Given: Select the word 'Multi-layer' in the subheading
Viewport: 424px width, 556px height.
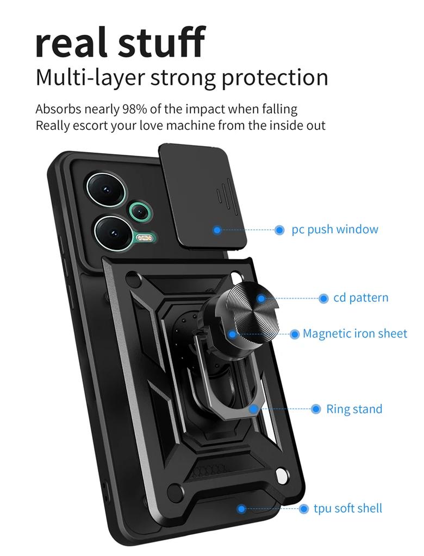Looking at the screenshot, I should tap(90, 77).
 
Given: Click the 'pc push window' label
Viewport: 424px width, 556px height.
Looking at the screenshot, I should tap(334, 229).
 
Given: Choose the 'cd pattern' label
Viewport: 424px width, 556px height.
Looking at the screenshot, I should tap(361, 298).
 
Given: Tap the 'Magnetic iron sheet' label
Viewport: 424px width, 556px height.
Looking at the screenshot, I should tap(354, 333).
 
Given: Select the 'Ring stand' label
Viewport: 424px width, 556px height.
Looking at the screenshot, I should tap(354, 409).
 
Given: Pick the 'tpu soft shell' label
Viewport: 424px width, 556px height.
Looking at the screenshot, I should tap(348, 508).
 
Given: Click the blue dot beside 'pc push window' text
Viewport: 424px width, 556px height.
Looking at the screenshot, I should tap(279, 230).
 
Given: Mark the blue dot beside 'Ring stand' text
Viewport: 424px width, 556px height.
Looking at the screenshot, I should tap(316, 409).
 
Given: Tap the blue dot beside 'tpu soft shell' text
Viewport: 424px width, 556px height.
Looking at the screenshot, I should tap(304, 509).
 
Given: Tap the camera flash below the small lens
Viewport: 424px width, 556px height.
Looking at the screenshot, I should tap(144, 237).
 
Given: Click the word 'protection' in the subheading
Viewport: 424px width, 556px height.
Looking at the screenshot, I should tap(275, 77).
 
